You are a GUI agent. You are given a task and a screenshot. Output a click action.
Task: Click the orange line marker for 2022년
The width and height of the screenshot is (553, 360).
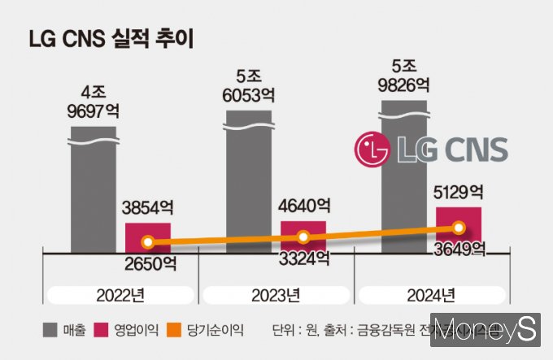(147, 242)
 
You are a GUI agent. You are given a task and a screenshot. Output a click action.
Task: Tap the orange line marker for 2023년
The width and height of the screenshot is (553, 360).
(303, 237)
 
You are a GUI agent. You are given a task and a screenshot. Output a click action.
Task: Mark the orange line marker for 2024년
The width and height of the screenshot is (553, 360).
(459, 228)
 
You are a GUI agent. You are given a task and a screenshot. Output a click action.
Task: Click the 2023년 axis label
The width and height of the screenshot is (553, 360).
(276, 293)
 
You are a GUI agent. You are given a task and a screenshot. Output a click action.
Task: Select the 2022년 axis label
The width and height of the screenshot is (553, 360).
(122, 293)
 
